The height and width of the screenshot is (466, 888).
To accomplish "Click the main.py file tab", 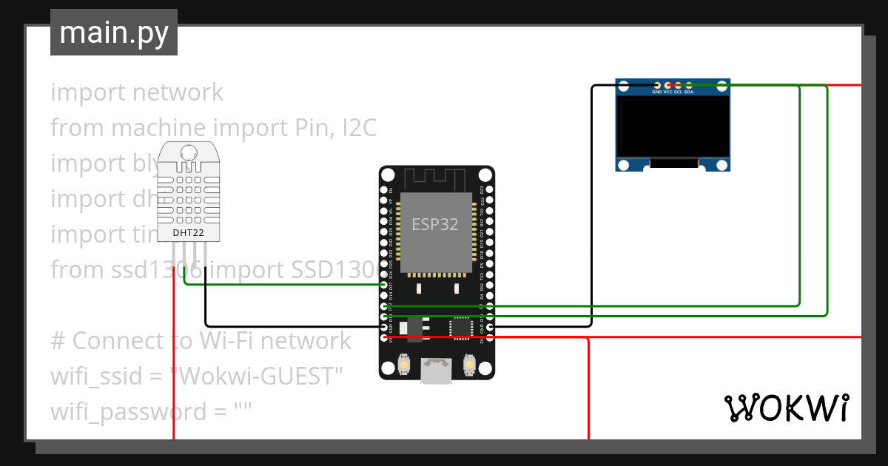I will tap(113, 33).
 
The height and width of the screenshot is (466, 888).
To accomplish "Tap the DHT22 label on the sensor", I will tap(188, 234).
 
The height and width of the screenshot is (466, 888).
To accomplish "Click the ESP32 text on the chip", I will tap(435, 224).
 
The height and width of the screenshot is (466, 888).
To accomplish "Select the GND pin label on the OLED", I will tap(657, 92).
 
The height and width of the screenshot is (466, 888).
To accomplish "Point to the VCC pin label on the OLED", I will tap(668, 92).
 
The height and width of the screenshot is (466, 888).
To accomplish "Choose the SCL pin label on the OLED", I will tap(679, 92).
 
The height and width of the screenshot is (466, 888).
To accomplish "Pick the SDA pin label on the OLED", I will tap(689, 92).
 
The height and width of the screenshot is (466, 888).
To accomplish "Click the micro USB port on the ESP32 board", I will tap(437, 371).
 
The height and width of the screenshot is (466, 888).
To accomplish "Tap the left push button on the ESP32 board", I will tap(405, 364).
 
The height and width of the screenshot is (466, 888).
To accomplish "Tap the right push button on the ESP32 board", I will tap(468, 364).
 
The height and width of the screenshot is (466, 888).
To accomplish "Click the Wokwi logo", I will tap(785, 408).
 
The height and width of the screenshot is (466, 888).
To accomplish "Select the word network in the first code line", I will tap(177, 92).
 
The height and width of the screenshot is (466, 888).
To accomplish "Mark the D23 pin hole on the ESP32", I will tap(489, 190).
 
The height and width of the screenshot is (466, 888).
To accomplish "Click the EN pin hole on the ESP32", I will tap(384, 190).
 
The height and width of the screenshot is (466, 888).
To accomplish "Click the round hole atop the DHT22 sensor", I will tap(188, 154).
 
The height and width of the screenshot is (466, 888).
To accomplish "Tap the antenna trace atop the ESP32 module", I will tap(435, 179).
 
